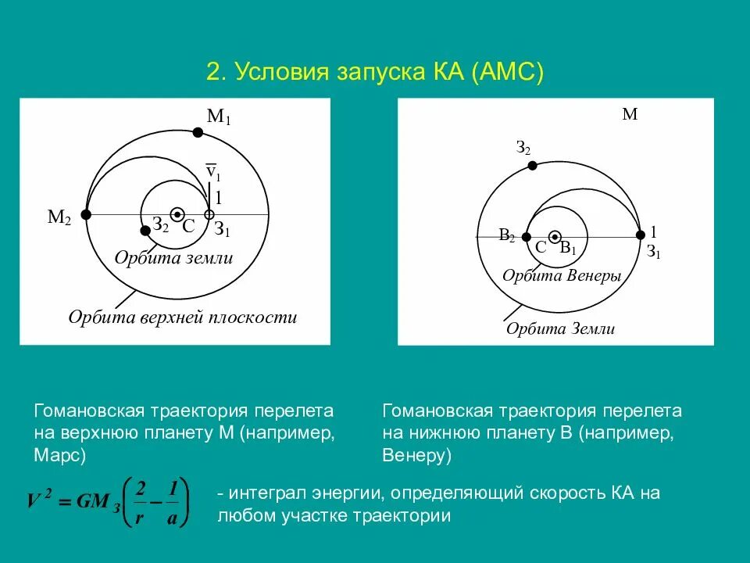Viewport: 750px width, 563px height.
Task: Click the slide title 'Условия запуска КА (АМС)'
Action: [374, 73]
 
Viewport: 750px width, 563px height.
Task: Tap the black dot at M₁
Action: [198, 133]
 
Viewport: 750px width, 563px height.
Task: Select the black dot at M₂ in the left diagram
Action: [87, 214]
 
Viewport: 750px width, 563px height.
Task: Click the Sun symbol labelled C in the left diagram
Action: [178, 214]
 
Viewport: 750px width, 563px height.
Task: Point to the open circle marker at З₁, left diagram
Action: [209, 214]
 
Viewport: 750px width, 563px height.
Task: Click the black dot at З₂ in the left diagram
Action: [145, 230]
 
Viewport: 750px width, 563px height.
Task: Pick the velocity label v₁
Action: [212, 171]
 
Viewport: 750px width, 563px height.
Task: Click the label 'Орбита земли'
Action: [173, 258]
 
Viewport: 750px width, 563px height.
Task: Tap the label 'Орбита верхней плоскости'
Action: [183, 317]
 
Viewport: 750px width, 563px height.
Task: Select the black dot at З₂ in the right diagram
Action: [532, 166]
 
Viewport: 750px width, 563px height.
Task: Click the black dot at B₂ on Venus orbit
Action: [527, 236]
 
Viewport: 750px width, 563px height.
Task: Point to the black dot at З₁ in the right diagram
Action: [641, 235]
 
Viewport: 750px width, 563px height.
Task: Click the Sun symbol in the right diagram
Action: [555, 236]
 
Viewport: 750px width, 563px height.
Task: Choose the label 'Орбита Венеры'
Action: [561, 276]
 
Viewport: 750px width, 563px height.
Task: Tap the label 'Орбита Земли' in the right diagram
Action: [560, 328]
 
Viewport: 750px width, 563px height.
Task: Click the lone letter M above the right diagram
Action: [630, 115]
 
